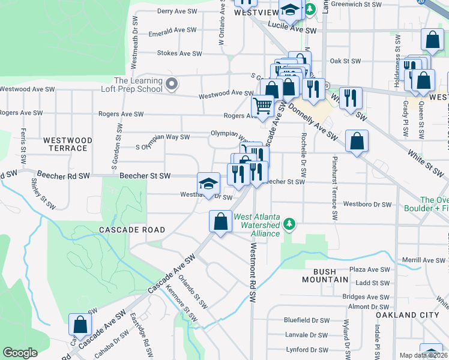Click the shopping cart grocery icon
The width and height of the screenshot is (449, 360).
[x=263, y=106]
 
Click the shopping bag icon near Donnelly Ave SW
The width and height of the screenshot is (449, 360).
[x=357, y=142]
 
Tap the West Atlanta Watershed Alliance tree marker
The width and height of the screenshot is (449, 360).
[x=290, y=224]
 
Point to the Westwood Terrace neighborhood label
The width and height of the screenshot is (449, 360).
[x=68, y=144]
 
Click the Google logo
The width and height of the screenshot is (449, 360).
[x=20, y=353]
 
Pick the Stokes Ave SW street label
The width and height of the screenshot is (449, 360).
[x=179, y=53]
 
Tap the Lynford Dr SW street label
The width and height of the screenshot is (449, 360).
[x=306, y=350]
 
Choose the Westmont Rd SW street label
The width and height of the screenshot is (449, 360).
[x=253, y=273]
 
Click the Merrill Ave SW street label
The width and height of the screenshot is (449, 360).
[x=426, y=260]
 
